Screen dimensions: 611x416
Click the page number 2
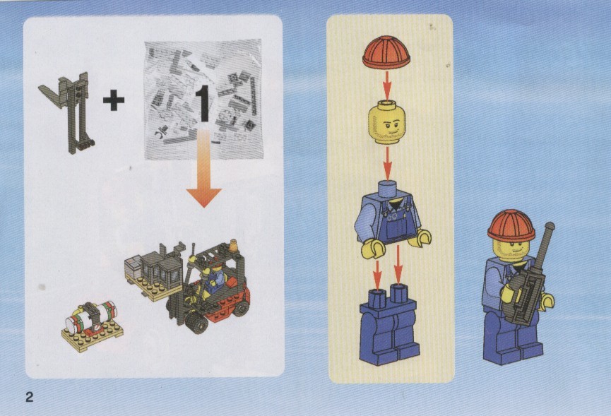(30, 397)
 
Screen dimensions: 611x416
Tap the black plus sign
(114, 100)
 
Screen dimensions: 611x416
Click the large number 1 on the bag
(203, 104)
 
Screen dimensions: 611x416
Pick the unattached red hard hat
(386, 52)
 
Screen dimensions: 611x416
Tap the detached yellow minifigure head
(386, 121)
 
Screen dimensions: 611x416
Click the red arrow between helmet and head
(386, 85)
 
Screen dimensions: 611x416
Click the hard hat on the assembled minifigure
(511, 226)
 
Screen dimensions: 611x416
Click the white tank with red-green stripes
(92, 316)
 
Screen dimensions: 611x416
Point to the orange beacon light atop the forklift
(233, 246)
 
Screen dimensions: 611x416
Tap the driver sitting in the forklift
(210, 278)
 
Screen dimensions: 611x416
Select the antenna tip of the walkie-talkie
(550, 226)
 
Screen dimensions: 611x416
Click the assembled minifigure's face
(511, 248)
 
